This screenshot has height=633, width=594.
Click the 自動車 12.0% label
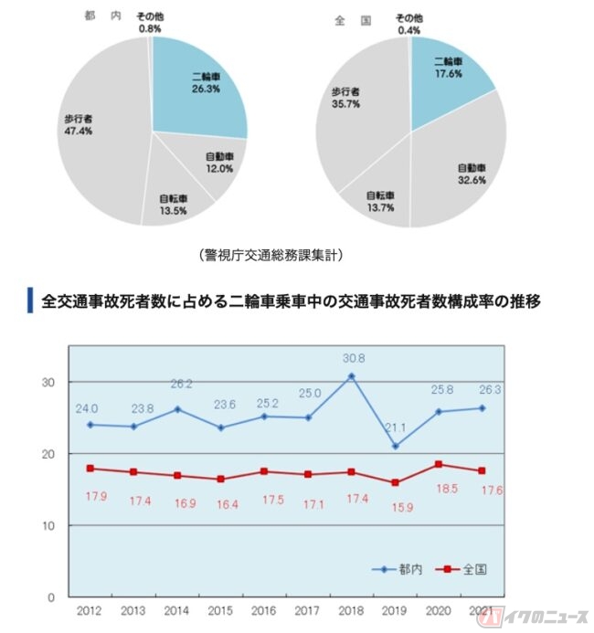218,163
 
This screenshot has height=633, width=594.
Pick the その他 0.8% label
150,22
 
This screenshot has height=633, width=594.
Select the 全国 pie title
351,19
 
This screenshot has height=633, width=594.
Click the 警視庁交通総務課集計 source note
271,256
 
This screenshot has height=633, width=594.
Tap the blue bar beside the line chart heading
31,301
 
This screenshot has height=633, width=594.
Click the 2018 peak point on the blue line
351,376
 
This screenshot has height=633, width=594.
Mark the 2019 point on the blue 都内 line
395,446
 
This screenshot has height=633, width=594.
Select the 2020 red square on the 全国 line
438,464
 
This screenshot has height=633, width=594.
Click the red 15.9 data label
395,501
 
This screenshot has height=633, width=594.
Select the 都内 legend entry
399,569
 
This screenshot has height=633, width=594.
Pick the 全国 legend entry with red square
465,569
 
